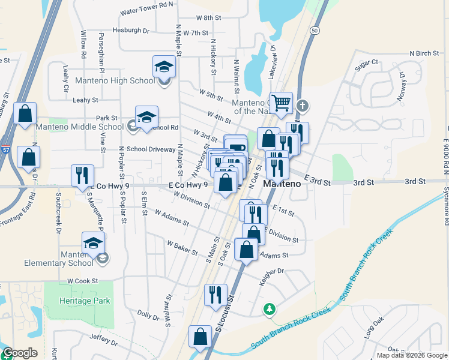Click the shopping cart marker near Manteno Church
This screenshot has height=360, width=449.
click(280, 103)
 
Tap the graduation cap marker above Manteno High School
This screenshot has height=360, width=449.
click(164, 66)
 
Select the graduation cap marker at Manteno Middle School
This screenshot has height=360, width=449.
click(146, 118)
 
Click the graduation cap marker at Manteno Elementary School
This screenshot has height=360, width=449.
click(93, 243)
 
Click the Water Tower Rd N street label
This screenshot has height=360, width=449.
click(146, 8)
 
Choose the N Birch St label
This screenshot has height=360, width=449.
click(424, 53)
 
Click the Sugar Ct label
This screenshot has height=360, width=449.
click(366, 62)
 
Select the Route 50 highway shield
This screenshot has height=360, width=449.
click(314, 29)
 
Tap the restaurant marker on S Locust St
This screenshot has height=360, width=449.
click(215, 295)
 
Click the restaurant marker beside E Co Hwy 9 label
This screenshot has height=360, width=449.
click(82, 175)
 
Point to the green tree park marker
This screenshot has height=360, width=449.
click(270, 309)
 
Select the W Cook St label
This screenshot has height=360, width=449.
click(82, 280)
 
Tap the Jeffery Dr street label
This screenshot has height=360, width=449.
click(103, 340)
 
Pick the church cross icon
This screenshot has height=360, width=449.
click(302, 106)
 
